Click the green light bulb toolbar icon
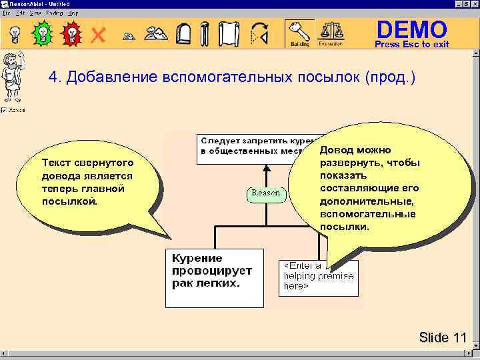pos(42,33)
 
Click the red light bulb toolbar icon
pos(71,33)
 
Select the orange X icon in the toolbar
pos(98,34)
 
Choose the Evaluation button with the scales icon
pos(330,33)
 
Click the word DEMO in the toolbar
pos(411,29)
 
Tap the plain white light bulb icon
pos(13,33)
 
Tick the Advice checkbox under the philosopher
pos(4,110)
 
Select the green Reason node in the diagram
pos(265,193)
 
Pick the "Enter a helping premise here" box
pos(317,276)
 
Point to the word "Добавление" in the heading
pos(113,77)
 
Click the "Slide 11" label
pos(443,337)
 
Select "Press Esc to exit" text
pos(411,45)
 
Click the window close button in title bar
pos(474,4)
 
